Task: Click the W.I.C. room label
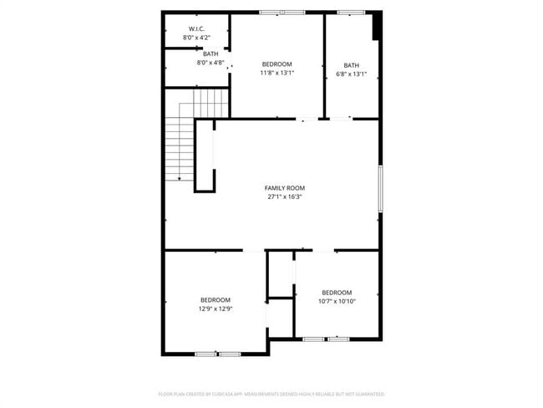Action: [x=196, y=29]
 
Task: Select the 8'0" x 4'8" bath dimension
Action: [x=211, y=63]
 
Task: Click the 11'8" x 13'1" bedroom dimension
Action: [x=277, y=73]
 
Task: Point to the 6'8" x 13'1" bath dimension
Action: [x=351, y=74]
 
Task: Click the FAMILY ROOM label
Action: [x=284, y=188]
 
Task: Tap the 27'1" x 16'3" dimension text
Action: [x=284, y=197]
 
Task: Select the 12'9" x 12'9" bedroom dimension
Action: [x=215, y=309]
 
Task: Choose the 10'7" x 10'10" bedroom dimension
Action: [x=337, y=301]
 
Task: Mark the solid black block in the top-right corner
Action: [x=377, y=26]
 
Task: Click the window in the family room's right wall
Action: [x=380, y=188]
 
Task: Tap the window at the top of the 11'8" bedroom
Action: [x=282, y=13]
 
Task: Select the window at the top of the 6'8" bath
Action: [x=351, y=13]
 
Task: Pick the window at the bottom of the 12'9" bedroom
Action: [x=218, y=354]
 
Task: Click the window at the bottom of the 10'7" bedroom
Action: [x=326, y=339]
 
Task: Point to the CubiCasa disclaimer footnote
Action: [x=271, y=393]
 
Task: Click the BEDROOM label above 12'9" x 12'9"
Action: [x=215, y=299]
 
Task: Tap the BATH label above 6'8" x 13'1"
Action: [x=351, y=65]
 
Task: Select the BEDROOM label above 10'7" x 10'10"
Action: [x=337, y=292]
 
